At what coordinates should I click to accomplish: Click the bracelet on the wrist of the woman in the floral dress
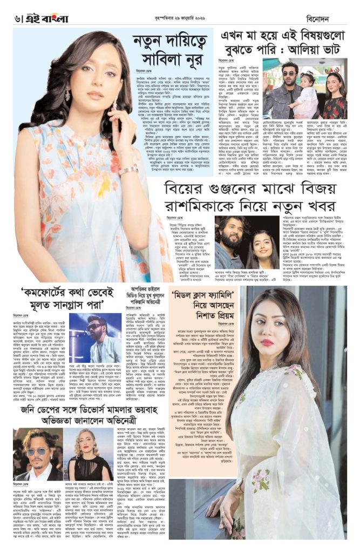[x=129, y=170]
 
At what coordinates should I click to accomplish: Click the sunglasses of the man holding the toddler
[x=290, y=74]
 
